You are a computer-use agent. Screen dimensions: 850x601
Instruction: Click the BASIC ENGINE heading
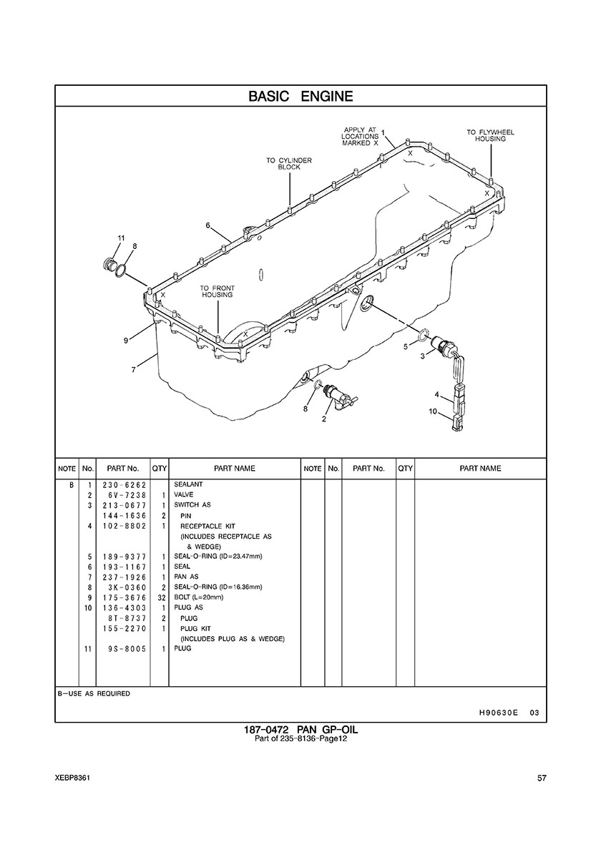tap(300, 97)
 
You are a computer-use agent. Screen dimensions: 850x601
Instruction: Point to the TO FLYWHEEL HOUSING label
tap(490, 135)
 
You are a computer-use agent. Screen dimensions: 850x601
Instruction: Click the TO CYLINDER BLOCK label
tap(289, 164)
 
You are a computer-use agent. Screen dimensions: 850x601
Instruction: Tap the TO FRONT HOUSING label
tap(218, 291)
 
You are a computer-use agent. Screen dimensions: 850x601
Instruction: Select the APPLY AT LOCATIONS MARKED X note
tap(360, 136)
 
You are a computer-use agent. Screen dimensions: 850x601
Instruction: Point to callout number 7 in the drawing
tap(134, 370)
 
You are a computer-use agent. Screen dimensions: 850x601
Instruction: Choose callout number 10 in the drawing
tap(433, 411)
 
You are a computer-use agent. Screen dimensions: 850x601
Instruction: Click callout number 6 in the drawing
tap(207, 225)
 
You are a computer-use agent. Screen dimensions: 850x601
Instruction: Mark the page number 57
tap(542, 778)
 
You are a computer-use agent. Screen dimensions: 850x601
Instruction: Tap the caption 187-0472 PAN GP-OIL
tap(300, 730)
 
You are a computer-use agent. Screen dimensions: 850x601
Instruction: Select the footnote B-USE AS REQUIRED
tap(94, 693)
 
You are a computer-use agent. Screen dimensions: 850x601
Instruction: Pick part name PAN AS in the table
tap(186, 577)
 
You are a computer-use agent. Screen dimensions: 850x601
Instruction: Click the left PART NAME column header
tap(235, 469)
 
